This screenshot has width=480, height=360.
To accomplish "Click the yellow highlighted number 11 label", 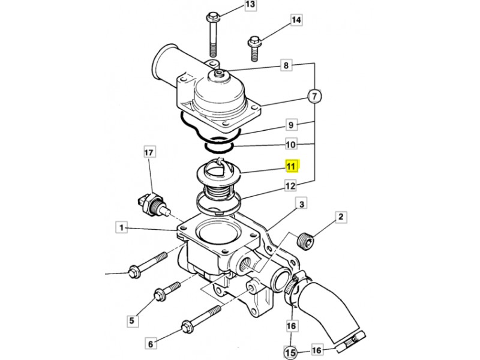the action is point(292,166).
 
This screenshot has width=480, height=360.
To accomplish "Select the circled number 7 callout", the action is point(314,97).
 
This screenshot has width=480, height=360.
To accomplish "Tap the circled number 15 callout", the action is point(290,352).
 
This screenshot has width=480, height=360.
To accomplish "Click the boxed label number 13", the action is point(250,5).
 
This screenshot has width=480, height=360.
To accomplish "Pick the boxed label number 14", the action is point(296,20).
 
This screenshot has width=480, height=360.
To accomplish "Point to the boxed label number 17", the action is point(149,152).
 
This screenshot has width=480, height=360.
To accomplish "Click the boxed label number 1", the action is point(122,227).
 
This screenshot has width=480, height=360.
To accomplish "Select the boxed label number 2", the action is point(341,217).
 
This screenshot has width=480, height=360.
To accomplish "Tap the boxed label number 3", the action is point(302,204).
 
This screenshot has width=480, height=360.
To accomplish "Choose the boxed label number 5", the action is point(132,320).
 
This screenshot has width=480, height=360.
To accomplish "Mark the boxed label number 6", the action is point(151,344).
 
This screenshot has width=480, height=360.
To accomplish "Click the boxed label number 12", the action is point(290,185).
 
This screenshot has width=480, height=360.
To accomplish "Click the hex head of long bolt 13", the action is point(212,17).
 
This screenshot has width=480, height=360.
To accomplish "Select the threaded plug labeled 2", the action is point(305,241).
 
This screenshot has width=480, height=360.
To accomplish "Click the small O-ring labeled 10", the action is point(219,145).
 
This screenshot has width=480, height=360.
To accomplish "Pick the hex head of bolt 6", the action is point(187,326).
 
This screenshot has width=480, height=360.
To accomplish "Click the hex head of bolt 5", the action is point(160,295).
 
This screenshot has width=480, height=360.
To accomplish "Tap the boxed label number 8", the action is point(286,65).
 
